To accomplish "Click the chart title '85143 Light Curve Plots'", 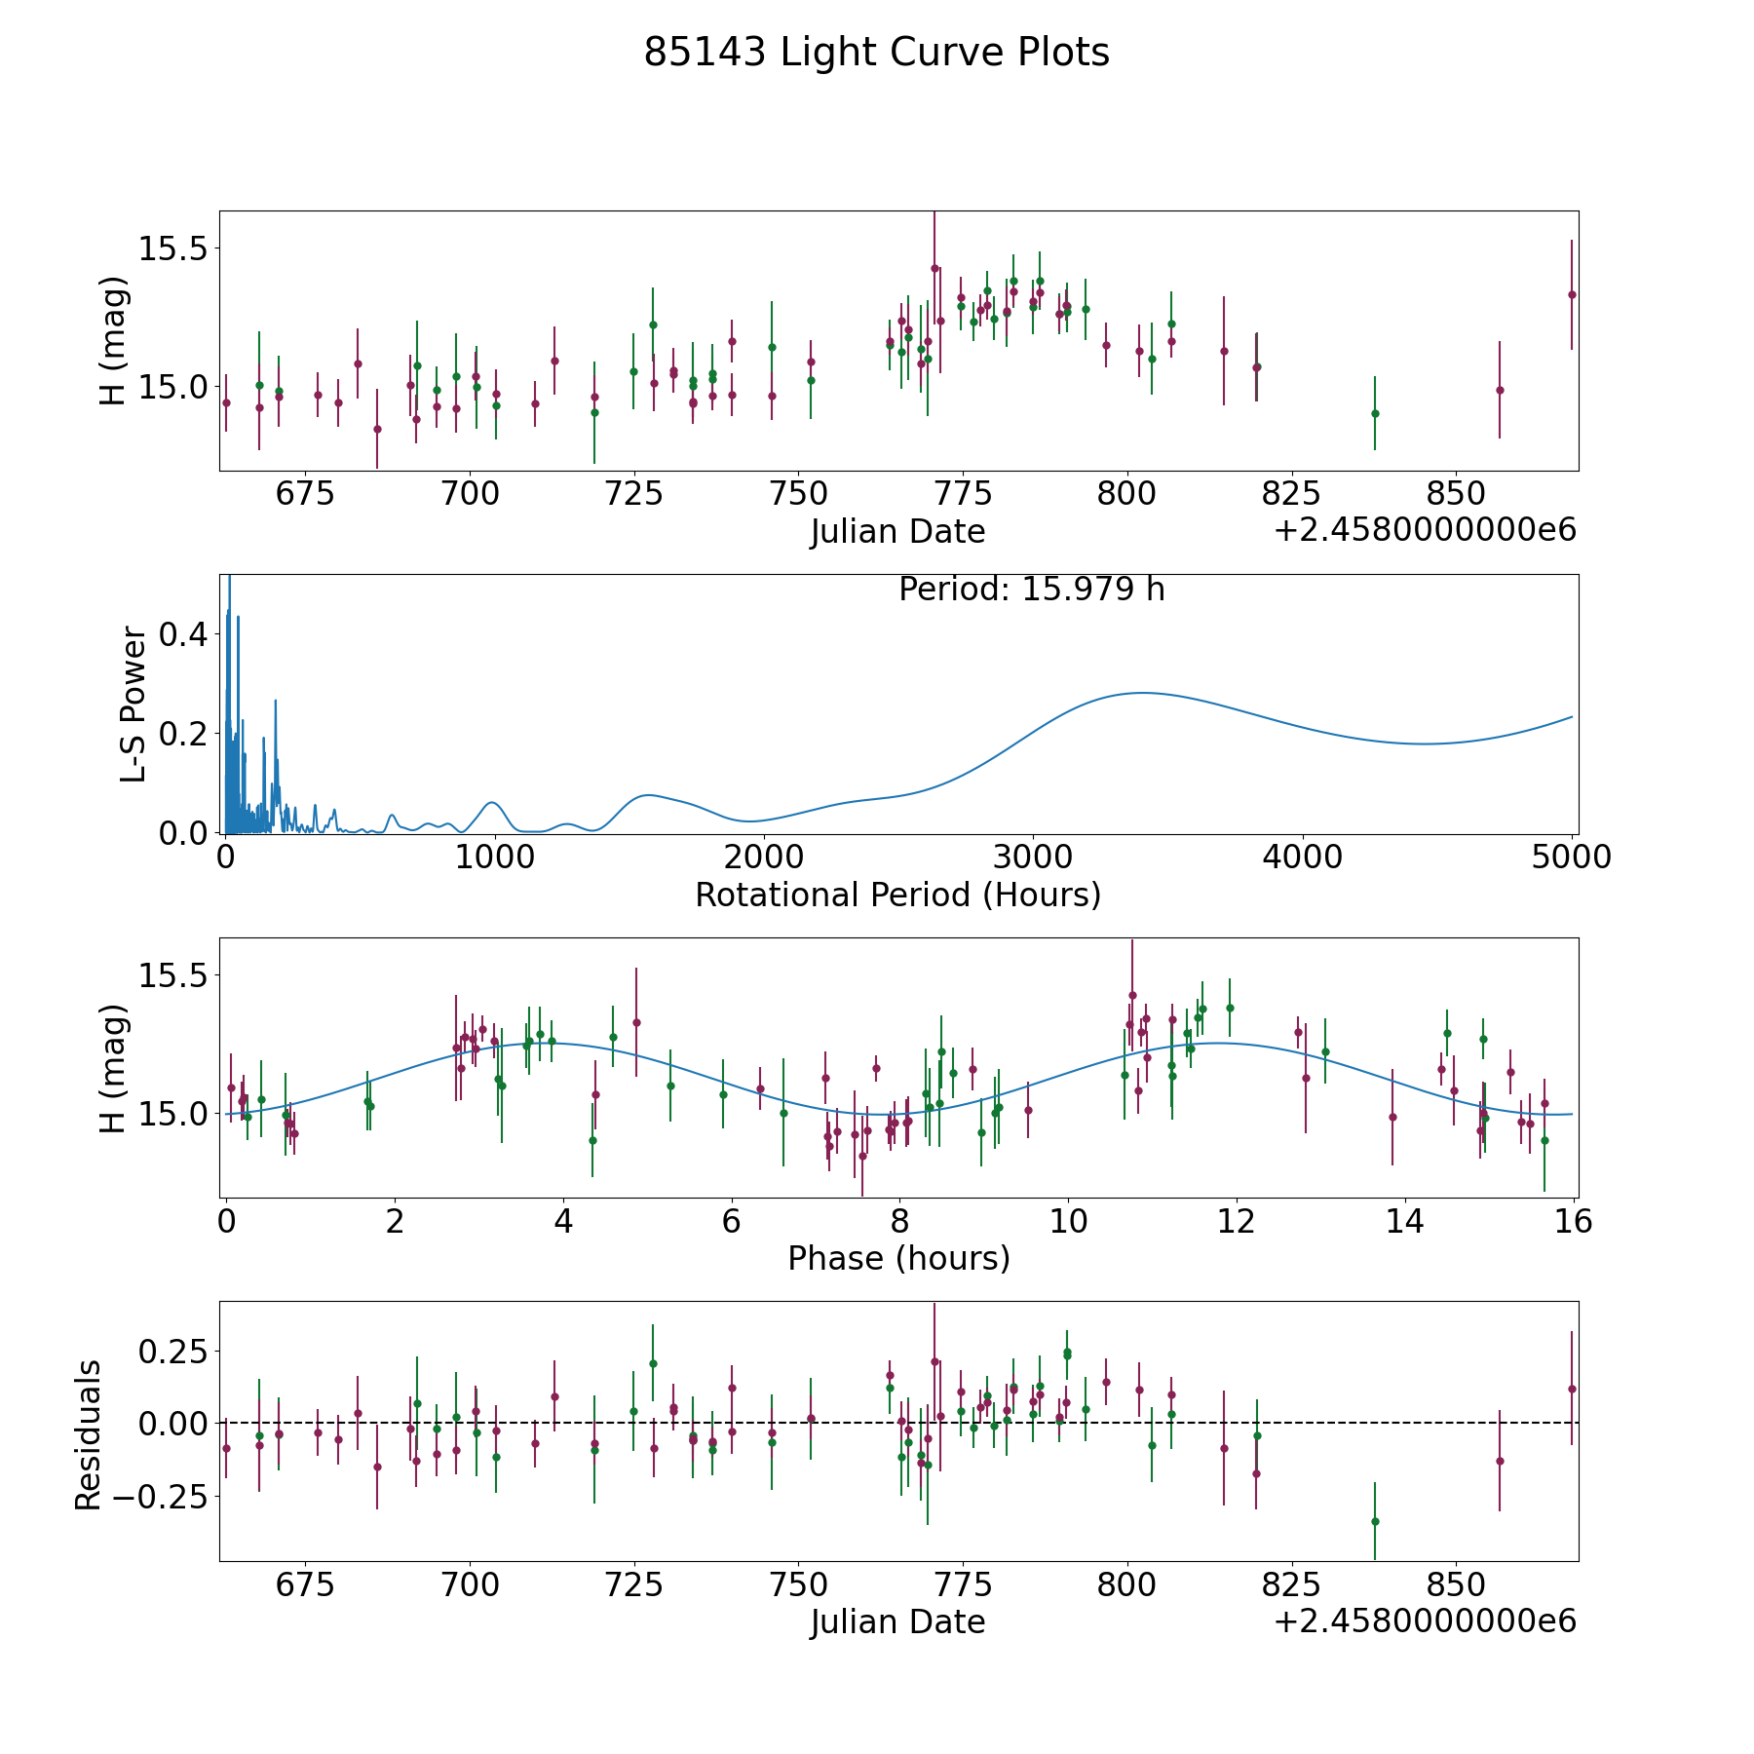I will [x=876, y=53].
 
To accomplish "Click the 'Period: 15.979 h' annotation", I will [x=1031, y=590].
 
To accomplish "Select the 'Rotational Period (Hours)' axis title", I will [x=897, y=895].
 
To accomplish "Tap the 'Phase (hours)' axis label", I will [x=898, y=1258].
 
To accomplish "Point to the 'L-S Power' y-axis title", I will [x=133, y=705].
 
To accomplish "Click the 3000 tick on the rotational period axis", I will [x=1032, y=858].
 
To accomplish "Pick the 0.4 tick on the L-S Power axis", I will [x=183, y=634].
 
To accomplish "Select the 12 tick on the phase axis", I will [x=1237, y=1221].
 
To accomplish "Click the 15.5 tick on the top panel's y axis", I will [x=172, y=248].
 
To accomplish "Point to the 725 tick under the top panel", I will [x=633, y=495].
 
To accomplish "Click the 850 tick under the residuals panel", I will [x=1454, y=1584].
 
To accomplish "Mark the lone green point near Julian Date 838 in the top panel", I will [x=1375, y=413].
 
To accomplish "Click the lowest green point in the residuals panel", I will [x=1375, y=1521].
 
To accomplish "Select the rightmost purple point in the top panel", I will [x=1572, y=294].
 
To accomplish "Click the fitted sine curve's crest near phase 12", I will [x=1218, y=1044].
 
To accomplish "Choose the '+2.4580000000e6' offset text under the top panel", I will [x=1425, y=531].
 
